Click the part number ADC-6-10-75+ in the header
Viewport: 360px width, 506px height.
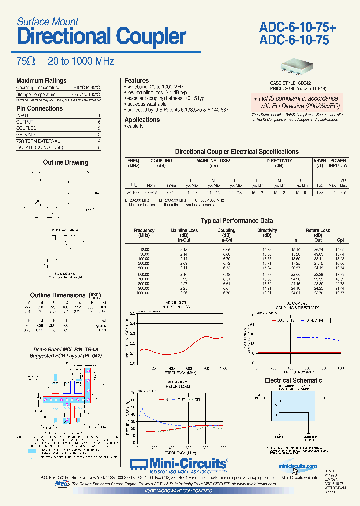point(297,28)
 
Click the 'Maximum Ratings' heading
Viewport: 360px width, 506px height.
point(41,81)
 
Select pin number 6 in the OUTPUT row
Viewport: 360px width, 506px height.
point(99,122)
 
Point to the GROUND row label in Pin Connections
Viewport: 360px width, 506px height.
point(26,135)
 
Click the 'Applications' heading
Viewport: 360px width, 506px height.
point(142,120)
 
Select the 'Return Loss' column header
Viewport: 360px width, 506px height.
point(318,231)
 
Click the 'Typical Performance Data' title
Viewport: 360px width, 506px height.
point(237,220)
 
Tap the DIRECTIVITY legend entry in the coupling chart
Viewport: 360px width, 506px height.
point(313,319)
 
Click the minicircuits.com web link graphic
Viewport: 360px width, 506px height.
point(298,466)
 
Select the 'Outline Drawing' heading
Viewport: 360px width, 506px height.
point(65,162)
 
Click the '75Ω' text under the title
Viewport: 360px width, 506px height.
point(26,61)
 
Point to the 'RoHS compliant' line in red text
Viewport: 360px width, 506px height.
point(298,99)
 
